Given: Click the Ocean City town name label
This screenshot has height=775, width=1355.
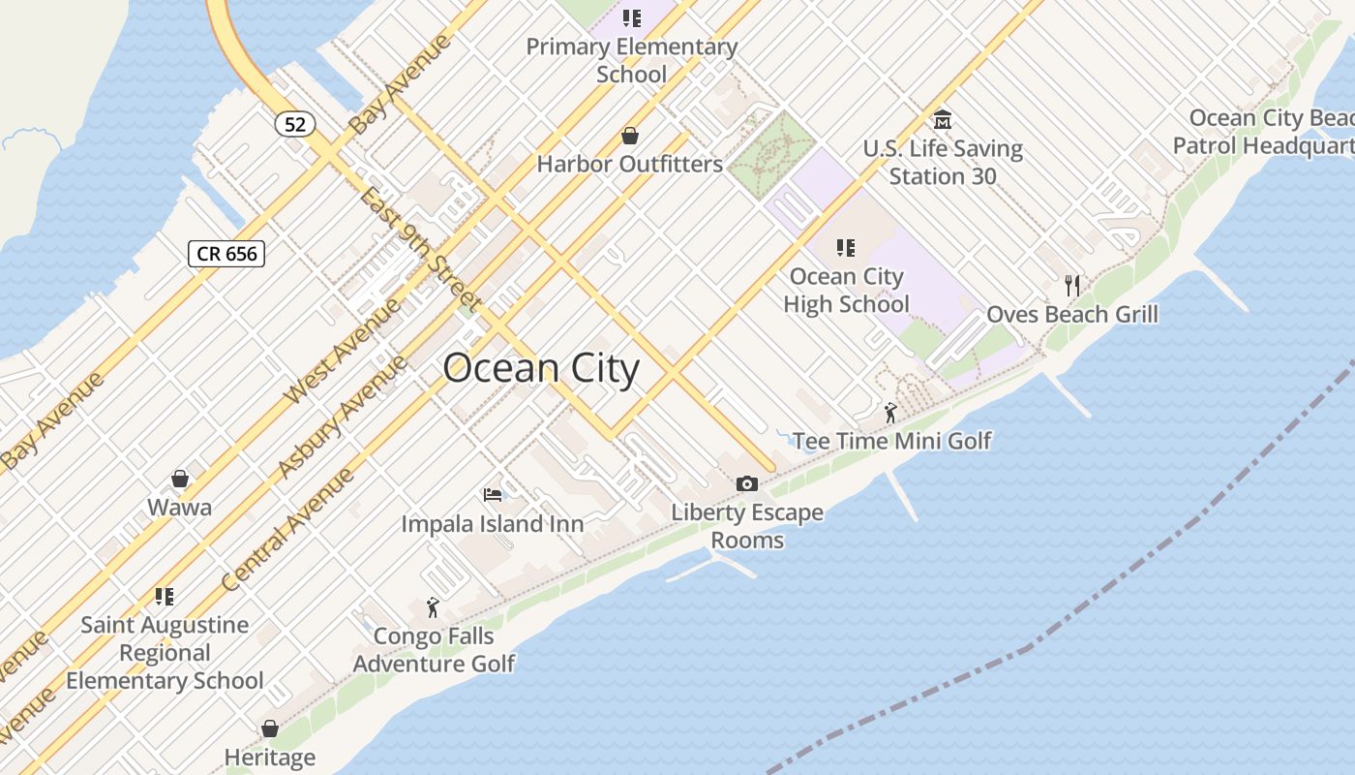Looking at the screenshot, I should [541, 369].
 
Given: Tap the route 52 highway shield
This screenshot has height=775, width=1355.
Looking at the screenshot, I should [295, 124].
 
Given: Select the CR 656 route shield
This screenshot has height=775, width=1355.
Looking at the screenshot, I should [226, 254].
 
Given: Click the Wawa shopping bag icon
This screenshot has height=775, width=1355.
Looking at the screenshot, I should [180, 479].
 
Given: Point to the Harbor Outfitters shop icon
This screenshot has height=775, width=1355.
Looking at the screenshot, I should [630, 136].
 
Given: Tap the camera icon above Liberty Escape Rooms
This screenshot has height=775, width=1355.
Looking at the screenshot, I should [746, 483].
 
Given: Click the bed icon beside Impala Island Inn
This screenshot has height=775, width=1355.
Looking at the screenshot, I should [493, 495].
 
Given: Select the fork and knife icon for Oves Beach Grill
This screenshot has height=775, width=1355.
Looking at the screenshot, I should [1071, 286].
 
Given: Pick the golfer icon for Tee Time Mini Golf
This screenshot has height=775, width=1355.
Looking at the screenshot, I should [890, 413].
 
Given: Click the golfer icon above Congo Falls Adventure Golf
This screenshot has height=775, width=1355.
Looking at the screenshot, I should [433, 607].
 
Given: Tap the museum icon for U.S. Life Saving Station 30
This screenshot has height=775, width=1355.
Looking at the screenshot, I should [943, 120].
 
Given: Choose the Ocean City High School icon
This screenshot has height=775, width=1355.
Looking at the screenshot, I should [846, 248].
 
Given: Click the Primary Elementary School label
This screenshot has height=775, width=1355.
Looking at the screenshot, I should [632, 59].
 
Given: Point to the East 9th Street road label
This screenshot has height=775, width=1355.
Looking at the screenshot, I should [420, 248].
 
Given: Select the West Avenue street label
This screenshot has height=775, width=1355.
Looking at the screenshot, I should [342, 352].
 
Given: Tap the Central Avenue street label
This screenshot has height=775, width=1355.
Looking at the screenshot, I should [287, 529].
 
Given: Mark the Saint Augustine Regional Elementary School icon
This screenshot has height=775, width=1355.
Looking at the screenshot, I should [165, 596].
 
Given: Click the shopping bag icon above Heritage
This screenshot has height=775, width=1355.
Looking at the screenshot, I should [270, 728].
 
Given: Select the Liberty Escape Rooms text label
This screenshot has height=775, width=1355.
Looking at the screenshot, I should [747, 525].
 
